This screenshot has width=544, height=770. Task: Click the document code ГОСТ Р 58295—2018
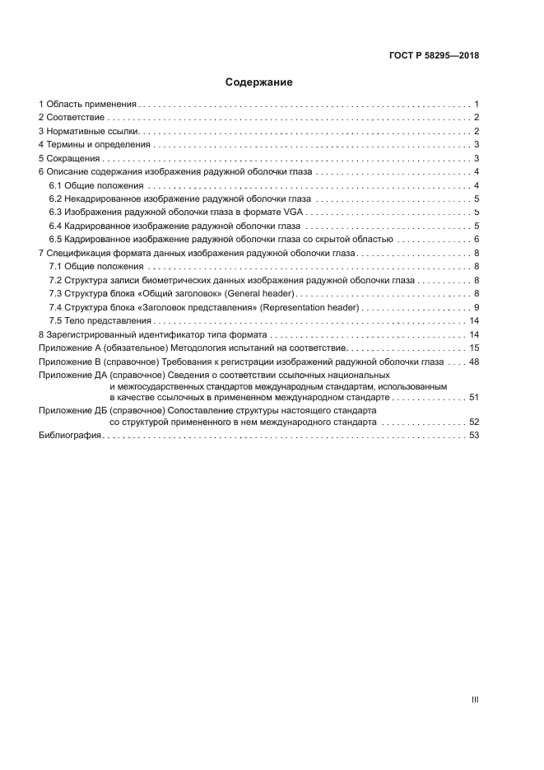(435, 56)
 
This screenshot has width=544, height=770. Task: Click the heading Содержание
(259, 82)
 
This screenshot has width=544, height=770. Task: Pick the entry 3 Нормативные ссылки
(88, 131)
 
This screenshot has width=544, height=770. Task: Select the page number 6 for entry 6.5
(477, 239)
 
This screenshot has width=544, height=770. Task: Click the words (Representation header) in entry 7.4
(307, 307)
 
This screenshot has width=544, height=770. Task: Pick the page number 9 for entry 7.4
(477, 307)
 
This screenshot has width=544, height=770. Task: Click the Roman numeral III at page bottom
(475, 699)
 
